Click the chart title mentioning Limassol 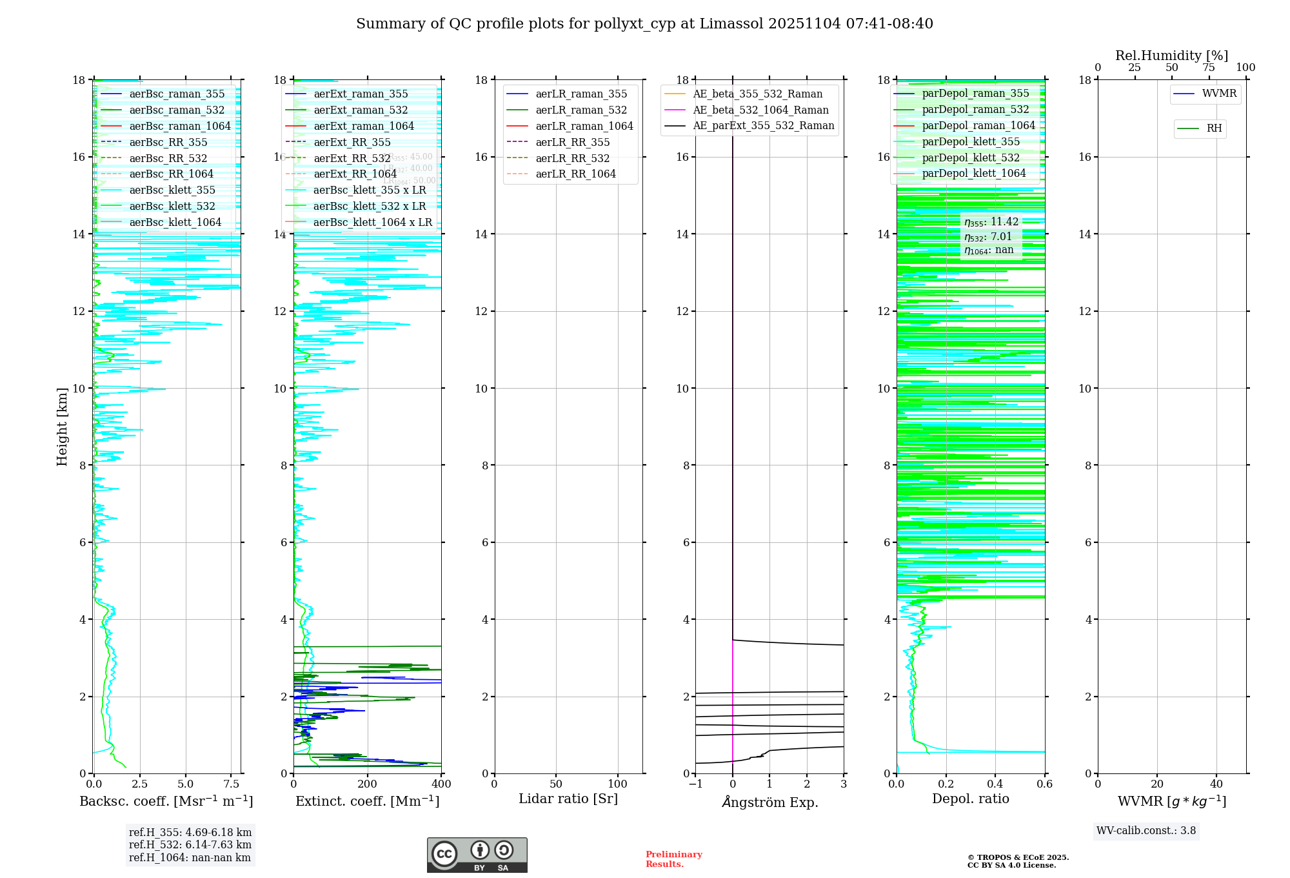[x=644, y=24]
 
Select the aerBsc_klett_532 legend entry [x=172, y=206]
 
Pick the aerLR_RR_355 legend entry [x=572, y=142]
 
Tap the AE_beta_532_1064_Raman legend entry [x=760, y=110]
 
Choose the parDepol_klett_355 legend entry [x=971, y=141]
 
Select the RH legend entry [x=1214, y=128]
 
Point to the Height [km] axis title [x=62, y=426]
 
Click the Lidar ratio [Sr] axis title [x=568, y=799]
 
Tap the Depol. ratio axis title [x=970, y=799]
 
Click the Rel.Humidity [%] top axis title [x=1171, y=56]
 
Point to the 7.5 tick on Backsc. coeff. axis [x=232, y=784]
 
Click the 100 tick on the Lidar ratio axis [x=618, y=784]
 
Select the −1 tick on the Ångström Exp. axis [x=695, y=784]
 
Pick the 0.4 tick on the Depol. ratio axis [x=995, y=784]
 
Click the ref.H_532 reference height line [x=190, y=844]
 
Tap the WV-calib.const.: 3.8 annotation [x=1146, y=831]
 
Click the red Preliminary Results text [x=673, y=859]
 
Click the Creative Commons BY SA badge [x=477, y=855]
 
